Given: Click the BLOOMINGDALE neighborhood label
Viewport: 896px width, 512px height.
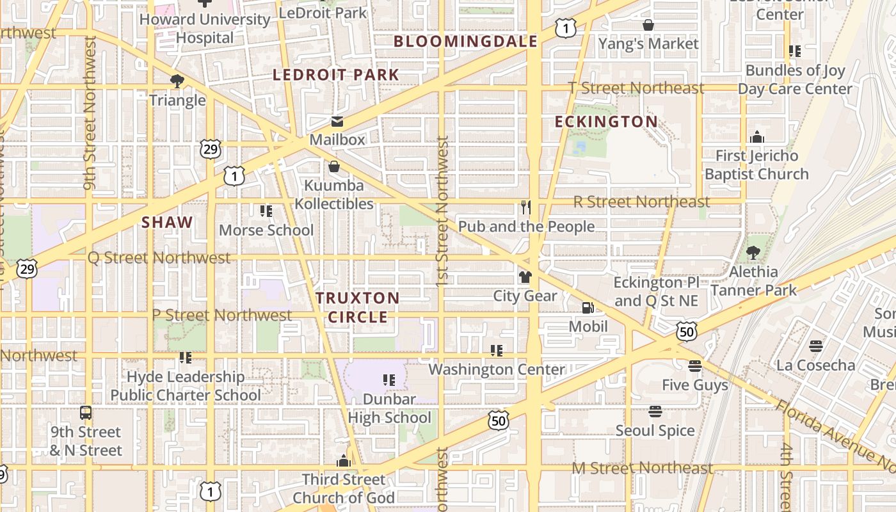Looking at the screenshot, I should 465,42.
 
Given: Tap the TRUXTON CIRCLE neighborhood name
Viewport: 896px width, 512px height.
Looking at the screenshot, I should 357,307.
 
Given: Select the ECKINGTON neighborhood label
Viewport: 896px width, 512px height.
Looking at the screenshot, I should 605,122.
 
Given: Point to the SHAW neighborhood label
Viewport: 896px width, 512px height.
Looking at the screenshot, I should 167,222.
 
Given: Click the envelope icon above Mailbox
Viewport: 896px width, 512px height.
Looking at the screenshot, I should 337,122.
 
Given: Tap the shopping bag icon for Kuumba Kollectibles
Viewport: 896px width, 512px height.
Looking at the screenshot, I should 333,167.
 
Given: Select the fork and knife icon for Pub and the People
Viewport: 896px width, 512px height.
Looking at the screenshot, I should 526,207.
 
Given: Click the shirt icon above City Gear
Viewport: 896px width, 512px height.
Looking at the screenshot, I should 525,277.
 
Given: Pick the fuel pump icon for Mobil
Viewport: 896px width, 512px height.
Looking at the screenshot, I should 588,308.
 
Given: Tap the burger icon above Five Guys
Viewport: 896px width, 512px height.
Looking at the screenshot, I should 695,367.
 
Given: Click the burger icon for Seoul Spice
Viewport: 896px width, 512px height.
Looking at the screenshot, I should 655,412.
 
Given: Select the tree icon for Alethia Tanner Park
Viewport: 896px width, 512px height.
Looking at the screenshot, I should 753,253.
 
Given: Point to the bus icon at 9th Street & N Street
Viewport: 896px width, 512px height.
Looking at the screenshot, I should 86,413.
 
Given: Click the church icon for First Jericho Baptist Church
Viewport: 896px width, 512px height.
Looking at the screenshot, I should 757,137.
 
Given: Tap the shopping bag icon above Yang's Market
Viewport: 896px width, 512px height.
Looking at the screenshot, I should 648,25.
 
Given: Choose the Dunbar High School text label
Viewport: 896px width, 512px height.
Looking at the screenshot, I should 389,408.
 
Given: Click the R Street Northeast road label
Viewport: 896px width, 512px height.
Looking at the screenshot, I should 641,202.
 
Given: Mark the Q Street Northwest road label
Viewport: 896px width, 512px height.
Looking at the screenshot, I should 159,258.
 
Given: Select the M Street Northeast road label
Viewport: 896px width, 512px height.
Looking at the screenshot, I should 641,468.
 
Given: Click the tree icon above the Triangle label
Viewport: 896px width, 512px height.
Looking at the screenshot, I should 177,81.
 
